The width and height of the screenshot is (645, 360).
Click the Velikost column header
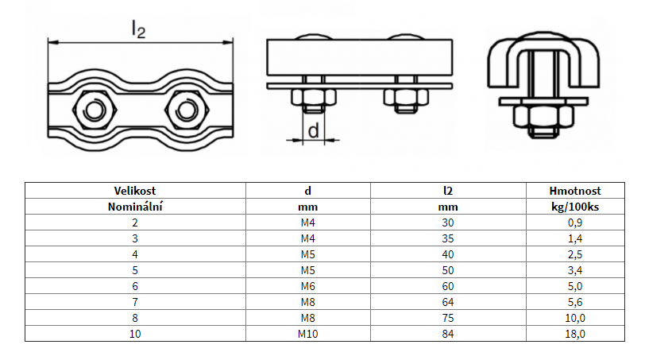(x=134, y=191)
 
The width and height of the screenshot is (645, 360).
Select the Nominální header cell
(x=134, y=206)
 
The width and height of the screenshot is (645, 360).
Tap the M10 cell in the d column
(x=307, y=334)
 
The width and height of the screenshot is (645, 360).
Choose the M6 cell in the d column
(x=307, y=286)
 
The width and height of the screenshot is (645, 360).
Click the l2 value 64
(x=448, y=302)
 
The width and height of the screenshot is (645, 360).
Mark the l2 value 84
(x=448, y=334)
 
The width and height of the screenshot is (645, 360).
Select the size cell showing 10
(x=134, y=334)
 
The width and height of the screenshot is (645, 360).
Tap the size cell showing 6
(x=134, y=286)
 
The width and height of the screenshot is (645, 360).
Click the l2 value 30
(x=448, y=223)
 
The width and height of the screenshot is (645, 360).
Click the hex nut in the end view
(x=543, y=117)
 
